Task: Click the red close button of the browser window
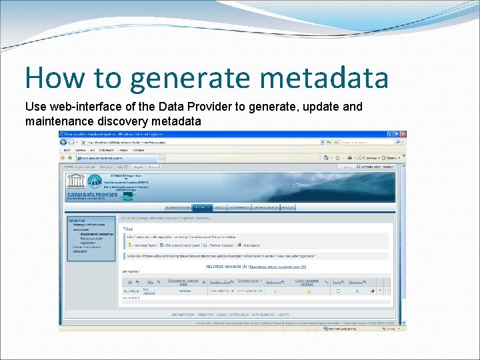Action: [402, 134]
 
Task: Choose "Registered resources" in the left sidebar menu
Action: [97, 234]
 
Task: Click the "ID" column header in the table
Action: [129, 283]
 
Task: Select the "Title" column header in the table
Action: [149, 283]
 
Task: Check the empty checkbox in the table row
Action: [338, 291]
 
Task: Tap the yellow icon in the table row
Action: [309, 291]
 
